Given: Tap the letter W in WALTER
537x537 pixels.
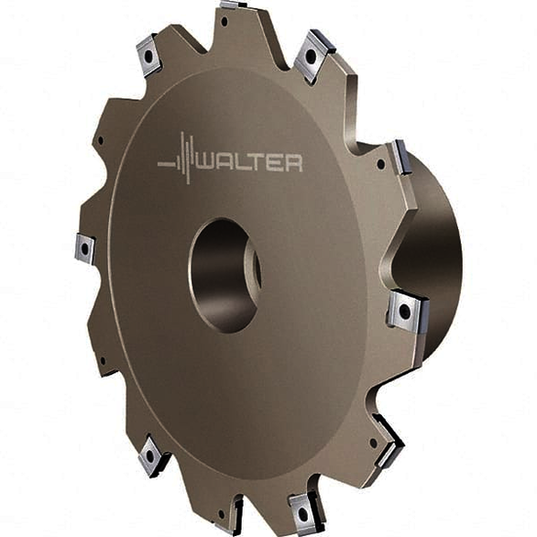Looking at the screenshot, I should pos(206,163).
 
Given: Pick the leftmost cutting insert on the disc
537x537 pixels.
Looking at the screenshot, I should pos(84,247).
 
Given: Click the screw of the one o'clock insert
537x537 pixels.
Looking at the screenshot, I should pos(312,55).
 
